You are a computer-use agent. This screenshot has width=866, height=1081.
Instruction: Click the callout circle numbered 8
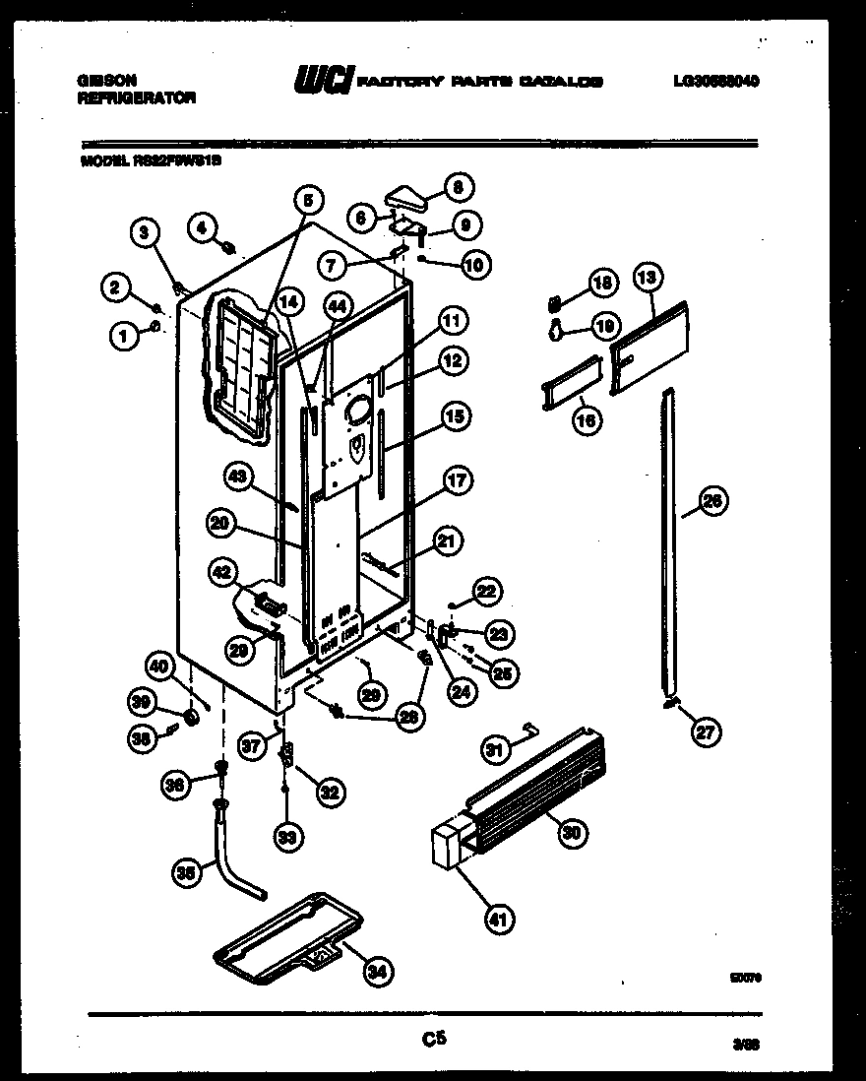(458, 184)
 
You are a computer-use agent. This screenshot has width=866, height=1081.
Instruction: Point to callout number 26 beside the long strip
(713, 502)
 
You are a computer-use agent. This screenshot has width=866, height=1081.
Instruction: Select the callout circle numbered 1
(123, 338)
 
